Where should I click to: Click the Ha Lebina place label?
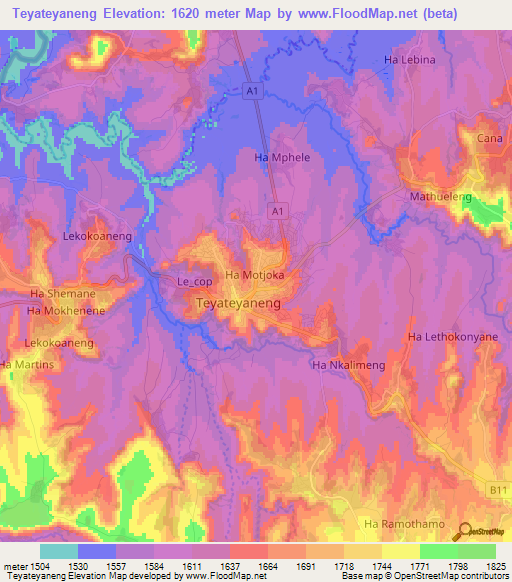click(410, 60)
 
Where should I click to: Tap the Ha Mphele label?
click(279, 158)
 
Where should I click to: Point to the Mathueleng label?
click(440, 197)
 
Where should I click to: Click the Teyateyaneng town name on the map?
click(238, 301)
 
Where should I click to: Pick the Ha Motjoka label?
click(255, 275)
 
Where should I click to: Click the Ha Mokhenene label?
click(66, 311)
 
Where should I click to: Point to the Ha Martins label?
click(28, 366)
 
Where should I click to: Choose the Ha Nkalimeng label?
click(349, 366)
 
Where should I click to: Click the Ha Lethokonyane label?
click(452, 337)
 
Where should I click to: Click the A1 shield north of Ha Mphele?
click(253, 91)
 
